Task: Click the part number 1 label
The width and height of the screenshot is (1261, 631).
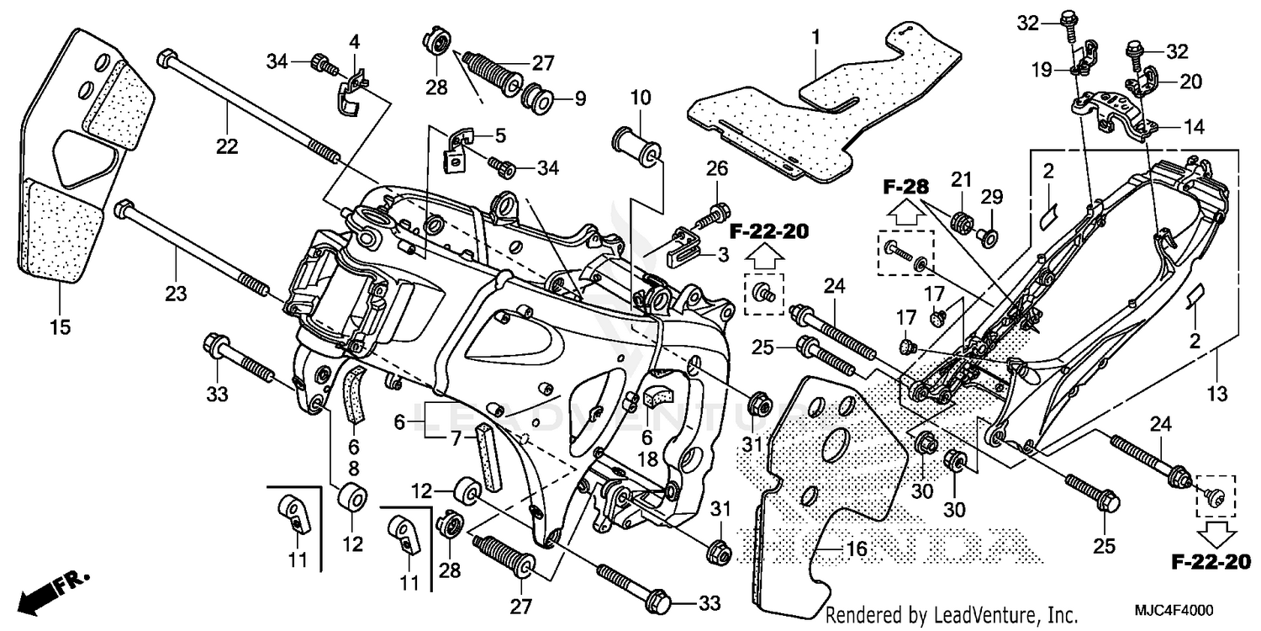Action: pos(815,37)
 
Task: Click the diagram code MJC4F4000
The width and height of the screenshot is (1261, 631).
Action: pos(1181,612)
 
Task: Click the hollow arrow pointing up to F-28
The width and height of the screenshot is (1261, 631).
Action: pos(905,213)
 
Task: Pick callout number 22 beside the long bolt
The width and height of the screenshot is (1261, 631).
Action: pos(227,146)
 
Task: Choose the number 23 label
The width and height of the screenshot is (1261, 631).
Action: pos(177,294)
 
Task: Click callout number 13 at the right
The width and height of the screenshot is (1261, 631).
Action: pos(1216,393)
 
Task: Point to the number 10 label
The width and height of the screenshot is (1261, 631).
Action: pos(641,98)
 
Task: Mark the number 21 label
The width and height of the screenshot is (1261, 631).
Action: pos(962,178)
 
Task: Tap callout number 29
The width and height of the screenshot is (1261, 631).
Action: pos(993,197)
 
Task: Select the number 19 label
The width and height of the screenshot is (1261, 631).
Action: pos(1042,71)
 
